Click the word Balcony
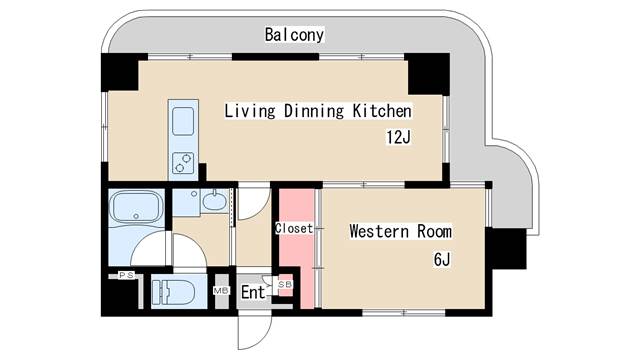(x=294, y=35)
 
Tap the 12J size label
(x=397, y=137)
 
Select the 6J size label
(x=443, y=260)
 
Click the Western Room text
(x=400, y=232)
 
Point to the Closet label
(x=294, y=228)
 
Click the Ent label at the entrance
(x=253, y=292)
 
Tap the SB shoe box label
(x=284, y=285)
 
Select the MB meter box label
(x=221, y=291)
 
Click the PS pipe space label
(x=127, y=275)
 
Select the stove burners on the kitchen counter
(x=185, y=160)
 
